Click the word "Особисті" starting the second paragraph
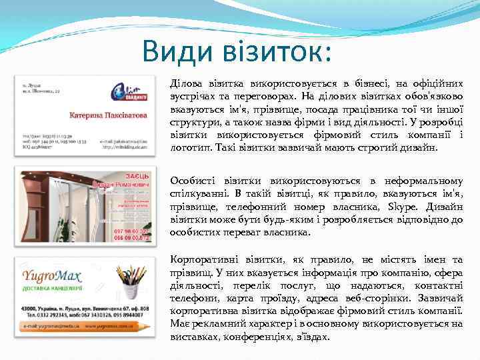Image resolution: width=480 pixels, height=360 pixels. point(191,181)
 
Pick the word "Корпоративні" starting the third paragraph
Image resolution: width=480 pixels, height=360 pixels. point(203,259)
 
